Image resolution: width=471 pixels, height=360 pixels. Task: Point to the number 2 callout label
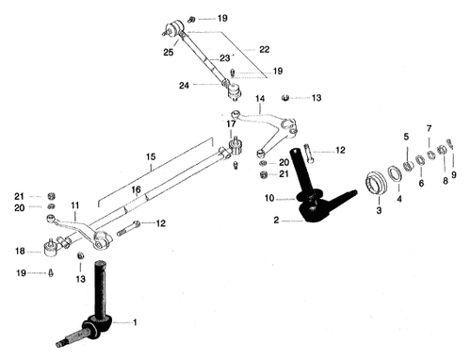[275, 221]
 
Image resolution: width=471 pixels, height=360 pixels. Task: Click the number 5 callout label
[406, 138]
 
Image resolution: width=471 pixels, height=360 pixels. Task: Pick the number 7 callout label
[429, 128]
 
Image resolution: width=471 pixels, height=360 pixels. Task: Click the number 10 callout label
[269, 198]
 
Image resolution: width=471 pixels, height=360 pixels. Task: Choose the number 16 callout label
[136, 189]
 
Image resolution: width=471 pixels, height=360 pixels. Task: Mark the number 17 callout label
[231, 123]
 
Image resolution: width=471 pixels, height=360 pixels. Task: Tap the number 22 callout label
[264, 49]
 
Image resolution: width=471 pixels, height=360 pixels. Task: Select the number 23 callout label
[226, 57]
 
